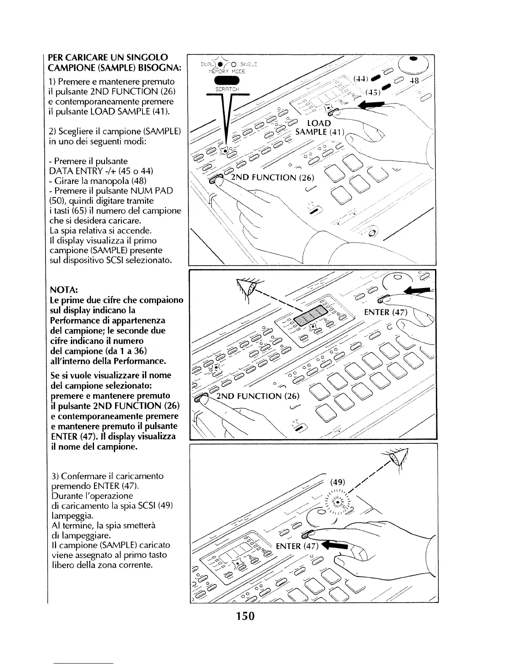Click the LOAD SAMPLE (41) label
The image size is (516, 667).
[320, 128]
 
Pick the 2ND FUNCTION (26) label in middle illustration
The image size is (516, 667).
[258, 396]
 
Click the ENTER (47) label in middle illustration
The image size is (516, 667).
[385, 312]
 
